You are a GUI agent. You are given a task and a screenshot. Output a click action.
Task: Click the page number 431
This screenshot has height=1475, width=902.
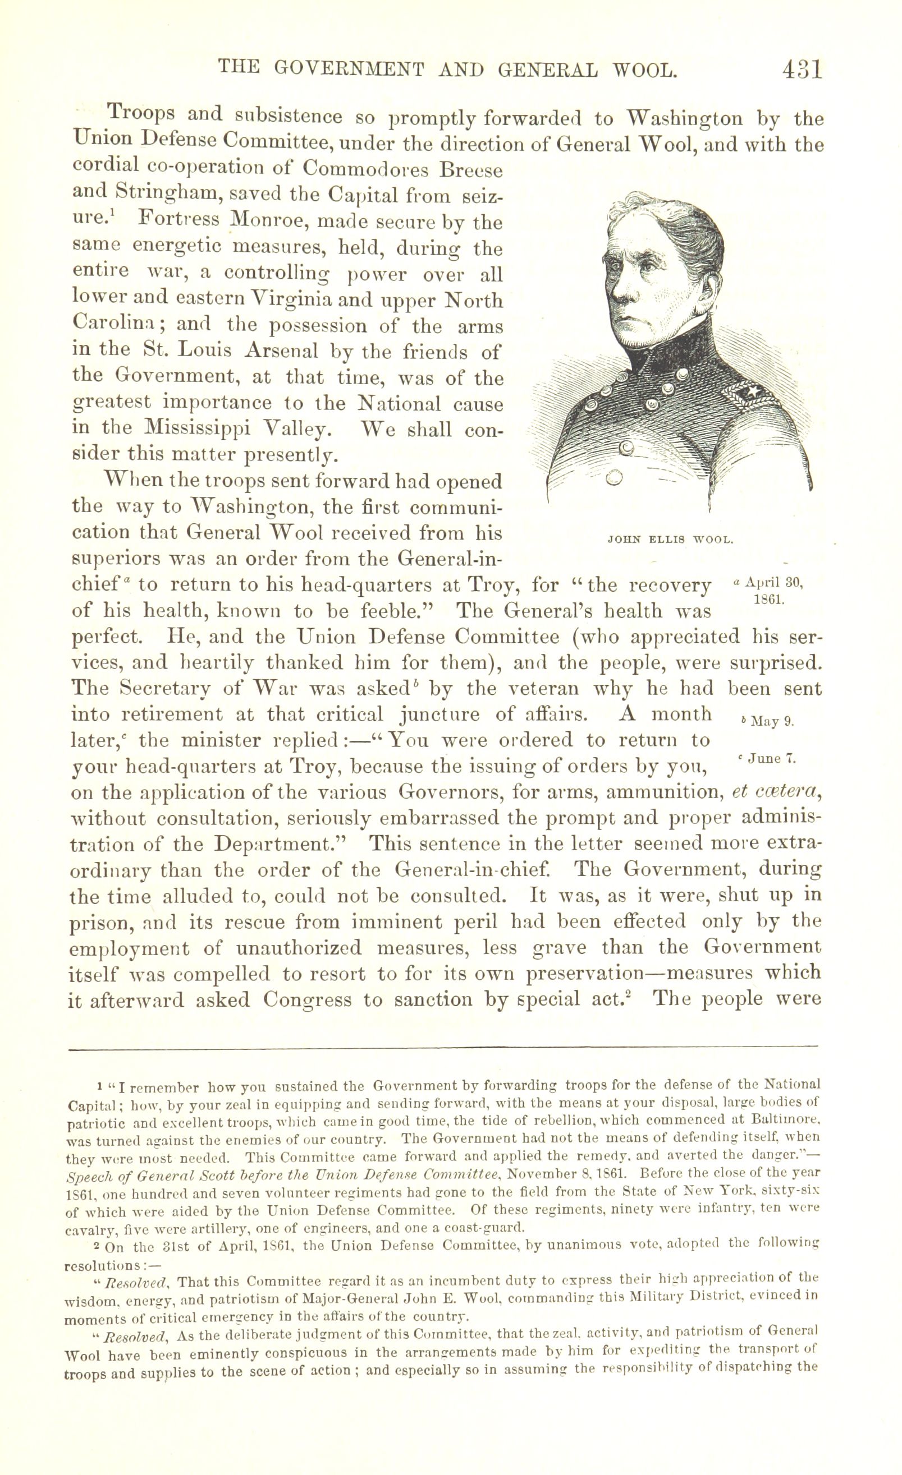(x=802, y=70)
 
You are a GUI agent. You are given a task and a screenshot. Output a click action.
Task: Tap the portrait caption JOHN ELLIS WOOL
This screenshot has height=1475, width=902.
(x=670, y=540)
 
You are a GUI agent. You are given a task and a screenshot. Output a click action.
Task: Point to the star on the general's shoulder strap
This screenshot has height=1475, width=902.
(x=749, y=393)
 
